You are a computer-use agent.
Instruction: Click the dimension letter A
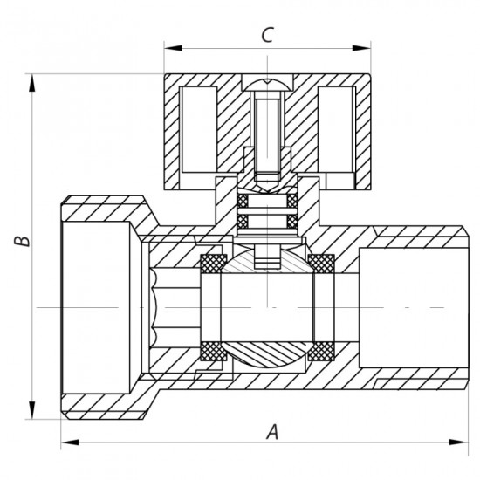pos(272,430)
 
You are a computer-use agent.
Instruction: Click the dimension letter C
pos(269,35)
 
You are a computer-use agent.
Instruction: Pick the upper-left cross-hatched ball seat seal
pos(210,261)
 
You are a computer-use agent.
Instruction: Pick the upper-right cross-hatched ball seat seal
pos(321,261)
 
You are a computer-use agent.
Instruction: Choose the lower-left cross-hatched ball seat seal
pos(210,351)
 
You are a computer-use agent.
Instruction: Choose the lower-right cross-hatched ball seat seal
pos(321,351)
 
